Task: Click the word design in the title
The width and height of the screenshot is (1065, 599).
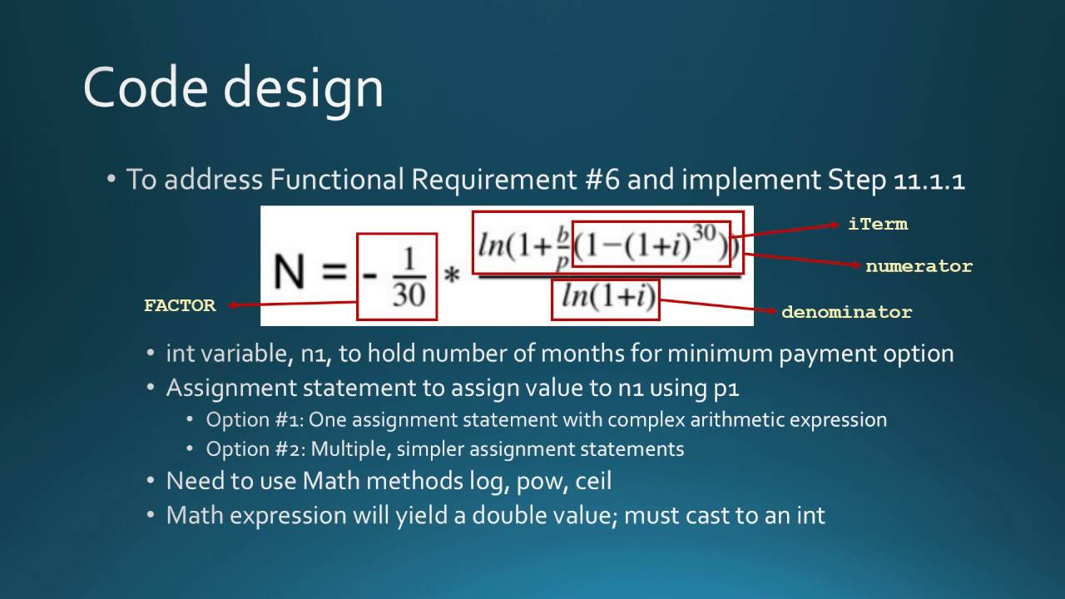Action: point(304,87)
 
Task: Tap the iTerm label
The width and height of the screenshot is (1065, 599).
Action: point(878,224)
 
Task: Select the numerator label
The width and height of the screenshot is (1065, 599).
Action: point(919,266)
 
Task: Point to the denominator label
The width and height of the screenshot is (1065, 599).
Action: point(846,312)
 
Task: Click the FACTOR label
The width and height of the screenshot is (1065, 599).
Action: point(180,305)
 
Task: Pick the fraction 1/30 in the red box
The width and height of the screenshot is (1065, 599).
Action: point(408,275)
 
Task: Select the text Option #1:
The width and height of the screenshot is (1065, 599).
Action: point(255,419)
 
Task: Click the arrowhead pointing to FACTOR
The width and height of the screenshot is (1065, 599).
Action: point(233,304)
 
